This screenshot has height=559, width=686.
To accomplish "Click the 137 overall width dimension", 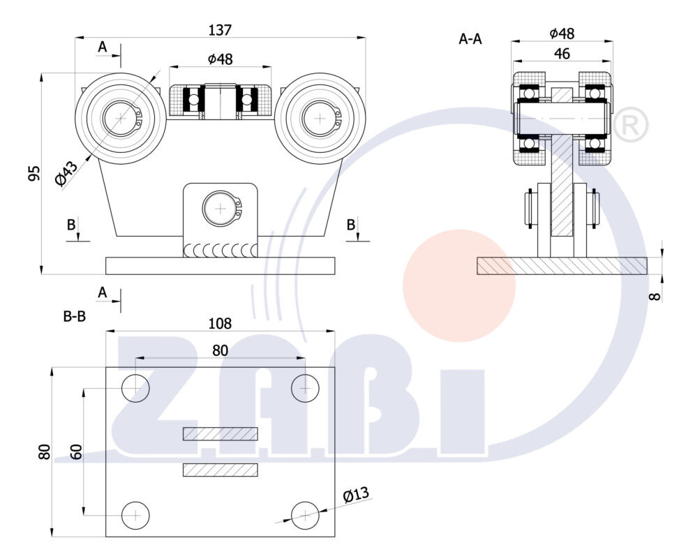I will [x=220, y=30].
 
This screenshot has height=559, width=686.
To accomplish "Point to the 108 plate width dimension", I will [x=220, y=324].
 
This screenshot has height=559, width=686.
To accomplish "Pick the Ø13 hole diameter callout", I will [x=356, y=495].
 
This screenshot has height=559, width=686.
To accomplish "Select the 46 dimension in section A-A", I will [x=561, y=53].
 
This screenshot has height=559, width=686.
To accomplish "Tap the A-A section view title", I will [x=470, y=39].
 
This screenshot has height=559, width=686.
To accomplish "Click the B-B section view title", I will [x=75, y=316].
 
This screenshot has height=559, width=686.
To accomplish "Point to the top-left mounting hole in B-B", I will [x=135, y=388].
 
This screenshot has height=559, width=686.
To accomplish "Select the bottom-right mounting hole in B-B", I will [x=305, y=515].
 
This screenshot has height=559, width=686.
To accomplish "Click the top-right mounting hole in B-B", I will [x=305, y=388].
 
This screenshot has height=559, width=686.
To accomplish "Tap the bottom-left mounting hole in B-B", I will [x=135, y=515].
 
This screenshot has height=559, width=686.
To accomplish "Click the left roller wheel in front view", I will [x=121, y=118].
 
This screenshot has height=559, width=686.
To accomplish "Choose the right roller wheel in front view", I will [x=320, y=118].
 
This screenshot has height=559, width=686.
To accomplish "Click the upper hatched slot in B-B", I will [x=220, y=434].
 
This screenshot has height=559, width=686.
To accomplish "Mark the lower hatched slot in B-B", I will [x=220, y=470].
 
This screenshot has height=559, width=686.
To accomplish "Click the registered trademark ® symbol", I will [x=629, y=125].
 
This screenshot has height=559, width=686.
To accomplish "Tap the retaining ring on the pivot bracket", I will [x=221, y=208].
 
